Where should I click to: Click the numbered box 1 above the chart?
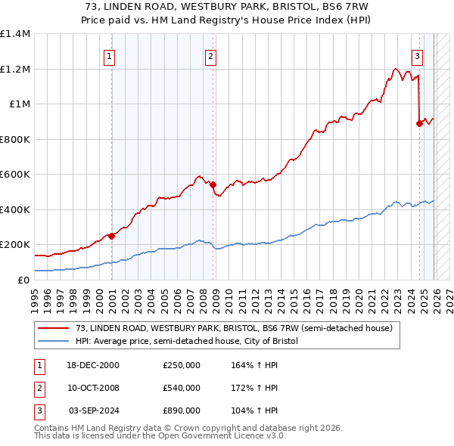coord(110,55)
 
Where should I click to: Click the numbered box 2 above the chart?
coord(210,55)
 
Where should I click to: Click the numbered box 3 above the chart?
coord(417,55)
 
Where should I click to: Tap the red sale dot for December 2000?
coord(111,236)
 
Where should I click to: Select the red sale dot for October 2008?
coord(213,184)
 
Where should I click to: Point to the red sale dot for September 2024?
coord(418,123)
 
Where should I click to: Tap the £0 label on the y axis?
coord(24,280)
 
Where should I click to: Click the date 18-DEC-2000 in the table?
coord(94,365)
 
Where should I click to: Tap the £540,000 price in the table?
coord(182,388)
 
